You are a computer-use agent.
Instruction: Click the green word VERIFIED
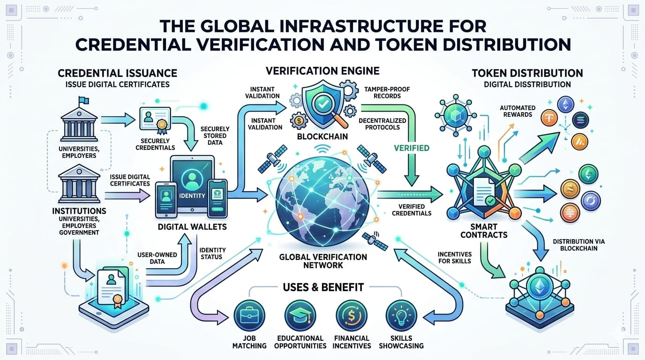(x=412, y=148)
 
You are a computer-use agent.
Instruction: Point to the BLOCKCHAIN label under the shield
(x=322, y=137)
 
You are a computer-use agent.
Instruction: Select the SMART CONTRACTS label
(x=483, y=229)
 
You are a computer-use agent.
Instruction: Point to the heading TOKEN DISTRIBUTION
(x=527, y=73)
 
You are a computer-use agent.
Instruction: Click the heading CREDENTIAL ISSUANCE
(x=117, y=73)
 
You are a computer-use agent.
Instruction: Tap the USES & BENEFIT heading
(x=323, y=287)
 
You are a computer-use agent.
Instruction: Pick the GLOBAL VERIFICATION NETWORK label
(x=323, y=261)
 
